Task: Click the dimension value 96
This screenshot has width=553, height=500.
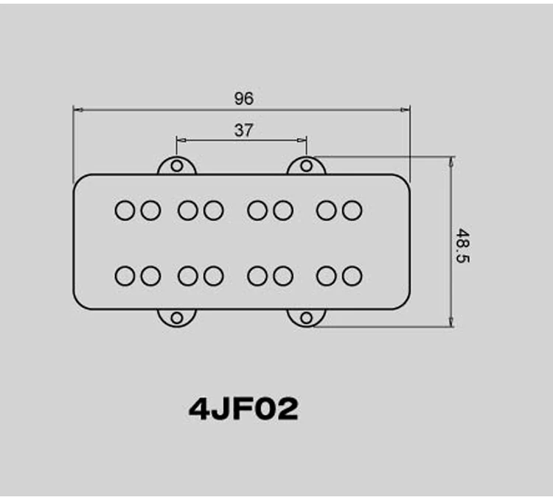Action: click(x=244, y=98)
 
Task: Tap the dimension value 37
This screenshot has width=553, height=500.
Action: click(x=244, y=130)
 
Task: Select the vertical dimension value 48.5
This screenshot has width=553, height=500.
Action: click(x=463, y=246)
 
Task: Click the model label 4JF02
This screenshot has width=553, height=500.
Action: click(x=244, y=409)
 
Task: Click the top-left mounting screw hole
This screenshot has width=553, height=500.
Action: click(x=177, y=166)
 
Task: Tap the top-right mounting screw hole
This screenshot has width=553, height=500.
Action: click(x=307, y=166)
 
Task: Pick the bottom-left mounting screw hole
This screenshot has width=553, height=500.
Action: click(x=177, y=318)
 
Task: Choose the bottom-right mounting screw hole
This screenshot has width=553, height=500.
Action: click(x=307, y=318)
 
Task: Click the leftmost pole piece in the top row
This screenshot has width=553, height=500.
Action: click(x=125, y=210)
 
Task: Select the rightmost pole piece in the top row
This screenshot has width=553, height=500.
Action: click(x=352, y=210)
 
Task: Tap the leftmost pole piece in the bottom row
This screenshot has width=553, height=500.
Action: click(x=125, y=275)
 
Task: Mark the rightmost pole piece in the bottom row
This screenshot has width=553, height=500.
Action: click(x=352, y=275)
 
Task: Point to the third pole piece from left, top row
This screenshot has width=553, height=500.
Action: click(x=187, y=210)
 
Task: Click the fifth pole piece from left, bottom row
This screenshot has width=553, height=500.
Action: click(x=257, y=275)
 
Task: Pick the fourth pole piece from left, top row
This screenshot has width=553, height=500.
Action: click(x=213, y=210)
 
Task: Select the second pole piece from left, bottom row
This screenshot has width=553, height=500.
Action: click(x=150, y=275)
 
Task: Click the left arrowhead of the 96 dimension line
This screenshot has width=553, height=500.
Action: click(x=77, y=110)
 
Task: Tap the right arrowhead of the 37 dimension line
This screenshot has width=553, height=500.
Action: click(x=302, y=141)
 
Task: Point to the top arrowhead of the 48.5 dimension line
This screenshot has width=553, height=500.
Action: click(x=451, y=162)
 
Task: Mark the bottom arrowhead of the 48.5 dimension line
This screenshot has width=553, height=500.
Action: click(x=451, y=322)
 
